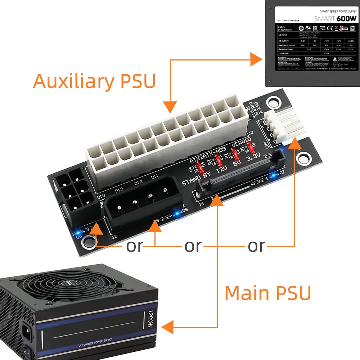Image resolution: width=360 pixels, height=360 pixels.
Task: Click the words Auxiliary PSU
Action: (x=94, y=81)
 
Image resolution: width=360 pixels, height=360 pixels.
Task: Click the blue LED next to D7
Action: (x=274, y=175)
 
